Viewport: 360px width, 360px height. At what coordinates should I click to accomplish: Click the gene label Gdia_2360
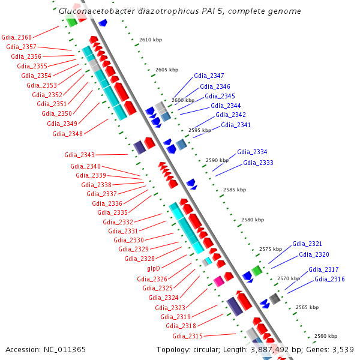[x=17, y=37]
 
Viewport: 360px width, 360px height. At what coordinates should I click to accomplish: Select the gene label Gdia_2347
[x=209, y=76]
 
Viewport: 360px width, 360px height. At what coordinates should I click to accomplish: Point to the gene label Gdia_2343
[x=79, y=155]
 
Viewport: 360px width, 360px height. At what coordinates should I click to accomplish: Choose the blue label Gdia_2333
[x=258, y=163]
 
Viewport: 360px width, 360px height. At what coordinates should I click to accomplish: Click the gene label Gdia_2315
[x=187, y=335]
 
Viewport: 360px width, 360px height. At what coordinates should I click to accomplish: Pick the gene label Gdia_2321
[x=307, y=244]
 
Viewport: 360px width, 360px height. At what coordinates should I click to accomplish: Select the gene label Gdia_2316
[x=329, y=279]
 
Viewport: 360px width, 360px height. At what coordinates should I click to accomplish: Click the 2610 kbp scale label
[x=151, y=40]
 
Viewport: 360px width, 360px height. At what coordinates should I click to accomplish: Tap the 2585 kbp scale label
[x=235, y=190]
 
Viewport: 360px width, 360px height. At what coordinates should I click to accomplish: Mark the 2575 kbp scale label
[x=271, y=249]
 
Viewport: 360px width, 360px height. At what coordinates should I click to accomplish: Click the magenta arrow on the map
[x=219, y=280]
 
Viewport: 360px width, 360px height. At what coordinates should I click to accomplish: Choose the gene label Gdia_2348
[x=67, y=133]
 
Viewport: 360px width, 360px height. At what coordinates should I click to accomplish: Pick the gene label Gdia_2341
[x=236, y=125]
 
